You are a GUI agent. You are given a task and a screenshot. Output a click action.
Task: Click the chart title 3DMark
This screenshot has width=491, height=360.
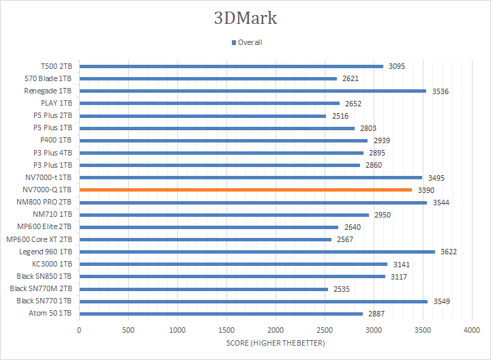[245, 18]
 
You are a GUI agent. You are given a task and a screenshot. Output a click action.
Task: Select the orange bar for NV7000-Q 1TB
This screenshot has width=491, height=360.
[245, 190]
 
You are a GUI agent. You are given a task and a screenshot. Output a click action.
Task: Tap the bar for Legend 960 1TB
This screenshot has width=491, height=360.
[257, 252]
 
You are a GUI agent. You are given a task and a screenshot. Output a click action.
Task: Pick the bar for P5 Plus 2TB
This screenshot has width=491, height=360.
[203, 116]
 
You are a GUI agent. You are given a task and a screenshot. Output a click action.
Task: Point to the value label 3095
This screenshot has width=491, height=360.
[397, 66]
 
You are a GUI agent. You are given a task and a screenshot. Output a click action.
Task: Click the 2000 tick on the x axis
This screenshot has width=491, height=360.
[276, 329]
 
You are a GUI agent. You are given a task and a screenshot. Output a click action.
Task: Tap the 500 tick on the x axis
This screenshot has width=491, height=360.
[128, 329]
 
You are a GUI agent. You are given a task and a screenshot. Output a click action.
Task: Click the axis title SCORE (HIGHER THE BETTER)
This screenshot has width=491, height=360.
[276, 343]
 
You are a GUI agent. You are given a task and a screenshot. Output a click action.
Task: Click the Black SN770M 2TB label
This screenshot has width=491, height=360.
[41, 289]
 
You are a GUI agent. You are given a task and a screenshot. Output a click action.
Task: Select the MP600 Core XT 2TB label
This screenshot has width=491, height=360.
[39, 239]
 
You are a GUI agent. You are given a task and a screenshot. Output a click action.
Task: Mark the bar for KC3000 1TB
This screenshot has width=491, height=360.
[233, 264]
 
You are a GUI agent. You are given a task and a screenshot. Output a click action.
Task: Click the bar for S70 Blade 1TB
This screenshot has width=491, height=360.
[208, 78]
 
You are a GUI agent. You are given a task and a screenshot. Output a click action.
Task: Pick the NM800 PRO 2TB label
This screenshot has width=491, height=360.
[43, 202]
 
